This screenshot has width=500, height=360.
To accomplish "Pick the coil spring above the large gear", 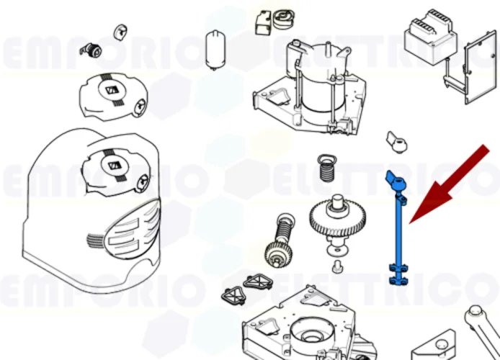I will click(x=326, y=169).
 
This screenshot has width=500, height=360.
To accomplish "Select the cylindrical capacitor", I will click(x=215, y=48).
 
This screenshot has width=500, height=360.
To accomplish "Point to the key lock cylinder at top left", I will click(x=92, y=50).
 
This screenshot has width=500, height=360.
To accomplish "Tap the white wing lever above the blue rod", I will click(x=397, y=140).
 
